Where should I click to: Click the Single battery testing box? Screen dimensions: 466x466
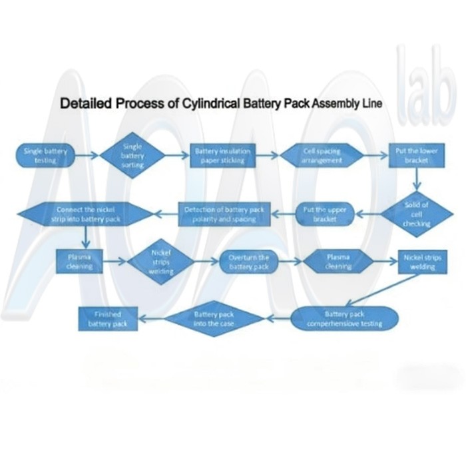point(45,156)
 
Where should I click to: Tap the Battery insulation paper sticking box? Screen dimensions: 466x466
point(222,156)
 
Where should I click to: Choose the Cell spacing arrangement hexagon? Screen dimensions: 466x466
point(322,156)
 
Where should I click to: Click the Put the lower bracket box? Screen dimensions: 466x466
point(416,156)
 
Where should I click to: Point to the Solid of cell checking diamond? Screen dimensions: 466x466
point(417,214)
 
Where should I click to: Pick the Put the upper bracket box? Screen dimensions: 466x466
point(324,214)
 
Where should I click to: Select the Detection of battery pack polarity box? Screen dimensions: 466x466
point(224,214)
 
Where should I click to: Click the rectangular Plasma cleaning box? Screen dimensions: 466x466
point(84,261)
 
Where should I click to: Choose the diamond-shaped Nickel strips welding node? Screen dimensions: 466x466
point(160,262)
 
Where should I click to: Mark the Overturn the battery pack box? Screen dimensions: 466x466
point(248,262)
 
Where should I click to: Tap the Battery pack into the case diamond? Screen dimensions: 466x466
point(213,318)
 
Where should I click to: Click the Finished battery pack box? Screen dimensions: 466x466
point(108,318)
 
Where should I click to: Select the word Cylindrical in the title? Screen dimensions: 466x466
point(211,105)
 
